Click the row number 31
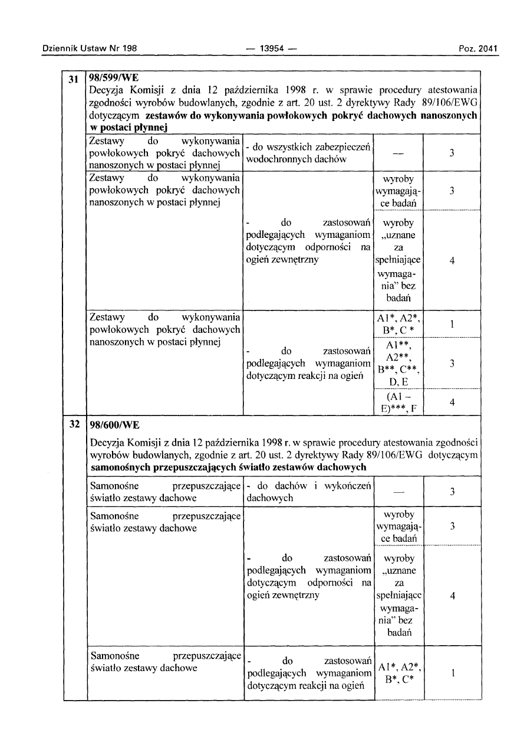tap(74, 80)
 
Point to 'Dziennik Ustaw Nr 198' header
tap(90, 48)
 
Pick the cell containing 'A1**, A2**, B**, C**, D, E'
tap(398, 362)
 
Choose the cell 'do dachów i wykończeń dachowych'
tap(308, 492)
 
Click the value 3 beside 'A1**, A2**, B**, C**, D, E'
tap(452, 364)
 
